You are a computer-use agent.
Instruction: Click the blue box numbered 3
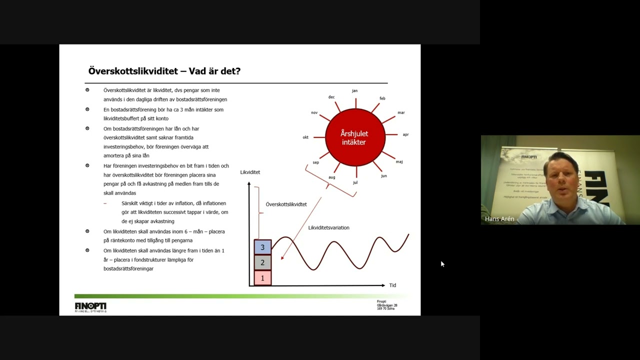[262, 247]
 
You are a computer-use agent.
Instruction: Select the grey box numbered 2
[262, 262]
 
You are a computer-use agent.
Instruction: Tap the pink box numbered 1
[262, 278]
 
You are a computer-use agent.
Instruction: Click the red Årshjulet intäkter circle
[355, 137]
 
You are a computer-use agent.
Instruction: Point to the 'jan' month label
[354, 90]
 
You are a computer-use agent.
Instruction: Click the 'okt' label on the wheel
[305, 137]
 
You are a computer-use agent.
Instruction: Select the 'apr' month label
[405, 134]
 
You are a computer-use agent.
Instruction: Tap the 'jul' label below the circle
[355, 182]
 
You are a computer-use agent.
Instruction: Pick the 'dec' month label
[331, 97]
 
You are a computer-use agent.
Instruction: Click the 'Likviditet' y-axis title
[250, 172]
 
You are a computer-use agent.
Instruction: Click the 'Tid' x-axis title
[392, 285]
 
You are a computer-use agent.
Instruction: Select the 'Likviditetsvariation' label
[328, 227]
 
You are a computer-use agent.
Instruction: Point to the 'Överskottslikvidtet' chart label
[286, 204]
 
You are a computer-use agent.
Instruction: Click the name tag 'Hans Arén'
[499, 219]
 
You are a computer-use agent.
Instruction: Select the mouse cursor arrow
[442, 263]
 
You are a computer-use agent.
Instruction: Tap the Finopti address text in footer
[386, 305]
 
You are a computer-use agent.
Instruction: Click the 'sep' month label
[315, 162]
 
